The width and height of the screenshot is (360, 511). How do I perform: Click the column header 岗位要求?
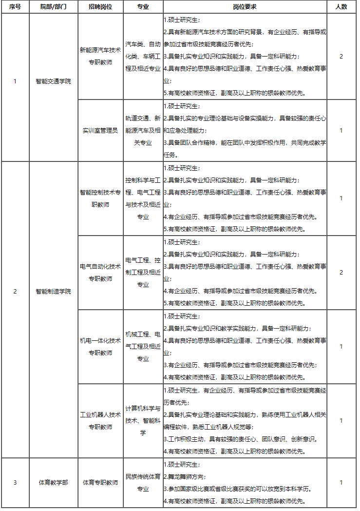point(245,7)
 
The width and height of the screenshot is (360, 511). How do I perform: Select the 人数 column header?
point(341,7)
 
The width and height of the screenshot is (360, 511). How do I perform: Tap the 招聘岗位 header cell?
point(100,7)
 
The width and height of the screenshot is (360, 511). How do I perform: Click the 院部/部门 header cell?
point(53,7)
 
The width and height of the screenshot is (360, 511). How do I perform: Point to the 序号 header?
point(15,7)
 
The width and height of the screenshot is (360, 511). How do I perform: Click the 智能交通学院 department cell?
point(53,81)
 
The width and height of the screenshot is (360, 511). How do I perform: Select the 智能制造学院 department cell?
point(53,292)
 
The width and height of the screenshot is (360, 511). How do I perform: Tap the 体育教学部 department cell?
point(53,483)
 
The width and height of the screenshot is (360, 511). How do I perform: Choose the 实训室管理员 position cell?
point(100,131)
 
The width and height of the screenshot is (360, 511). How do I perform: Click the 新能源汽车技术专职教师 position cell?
point(100,57)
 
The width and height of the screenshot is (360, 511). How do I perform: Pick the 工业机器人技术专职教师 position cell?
point(100,421)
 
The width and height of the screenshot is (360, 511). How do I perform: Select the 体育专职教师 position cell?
point(100,483)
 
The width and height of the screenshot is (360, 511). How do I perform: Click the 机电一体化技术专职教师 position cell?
point(100,347)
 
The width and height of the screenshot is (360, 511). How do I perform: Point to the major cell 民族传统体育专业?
point(143,483)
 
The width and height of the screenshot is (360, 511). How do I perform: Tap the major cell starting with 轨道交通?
point(143,131)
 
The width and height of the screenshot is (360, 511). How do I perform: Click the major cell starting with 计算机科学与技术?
point(143,421)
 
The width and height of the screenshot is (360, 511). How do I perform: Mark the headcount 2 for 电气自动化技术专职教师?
point(341,272)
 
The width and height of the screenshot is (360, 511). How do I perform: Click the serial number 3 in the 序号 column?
point(15,483)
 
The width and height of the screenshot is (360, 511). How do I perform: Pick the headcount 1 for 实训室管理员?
point(341,131)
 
